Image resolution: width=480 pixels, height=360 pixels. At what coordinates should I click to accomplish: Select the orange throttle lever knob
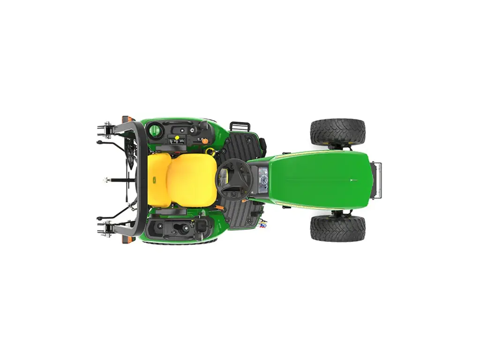204,140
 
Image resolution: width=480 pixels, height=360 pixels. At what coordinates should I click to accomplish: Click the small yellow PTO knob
177,137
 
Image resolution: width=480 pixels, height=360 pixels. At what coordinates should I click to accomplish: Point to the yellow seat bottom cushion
192,180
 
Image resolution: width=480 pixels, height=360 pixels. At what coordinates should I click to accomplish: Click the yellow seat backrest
158,180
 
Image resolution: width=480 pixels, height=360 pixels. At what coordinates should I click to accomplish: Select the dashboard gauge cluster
263,180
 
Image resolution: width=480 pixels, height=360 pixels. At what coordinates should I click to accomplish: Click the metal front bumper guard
377,180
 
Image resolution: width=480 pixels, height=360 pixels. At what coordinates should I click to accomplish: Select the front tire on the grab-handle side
337,132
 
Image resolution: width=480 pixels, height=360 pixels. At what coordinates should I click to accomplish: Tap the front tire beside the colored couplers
337,228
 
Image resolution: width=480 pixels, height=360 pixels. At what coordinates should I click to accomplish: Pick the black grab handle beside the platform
240,126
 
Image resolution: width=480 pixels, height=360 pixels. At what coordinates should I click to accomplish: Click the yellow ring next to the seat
210,151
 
